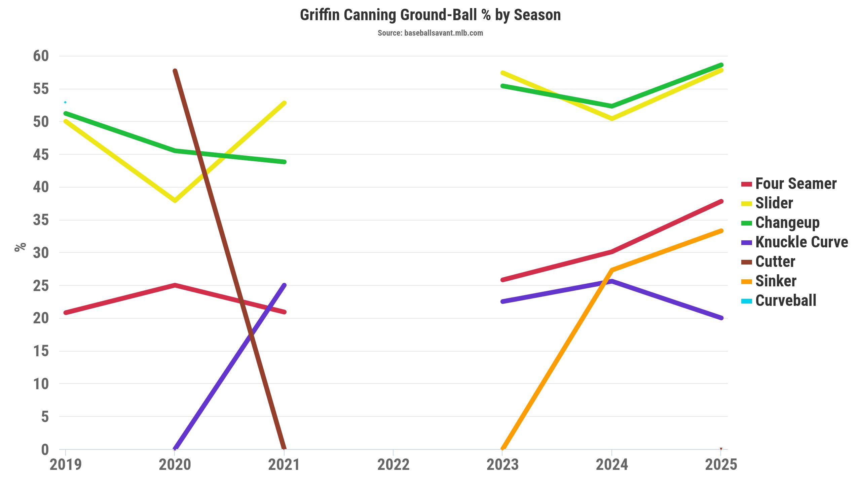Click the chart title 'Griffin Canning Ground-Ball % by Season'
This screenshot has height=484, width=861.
[430, 15]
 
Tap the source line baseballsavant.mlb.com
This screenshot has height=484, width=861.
[430, 33]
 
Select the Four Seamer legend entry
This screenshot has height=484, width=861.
[789, 184]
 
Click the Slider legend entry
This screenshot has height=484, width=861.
[767, 203]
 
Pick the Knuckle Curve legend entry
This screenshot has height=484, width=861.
[794, 242]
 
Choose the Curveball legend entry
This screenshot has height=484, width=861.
[779, 301]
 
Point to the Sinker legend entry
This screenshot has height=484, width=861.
[769, 281]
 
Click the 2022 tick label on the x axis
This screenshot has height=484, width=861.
[393, 465]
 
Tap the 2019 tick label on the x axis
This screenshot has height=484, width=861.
[66, 465]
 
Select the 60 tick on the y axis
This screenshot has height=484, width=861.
[41, 56]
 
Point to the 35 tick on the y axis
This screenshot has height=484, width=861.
[41, 220]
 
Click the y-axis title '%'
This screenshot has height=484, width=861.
[20, 247]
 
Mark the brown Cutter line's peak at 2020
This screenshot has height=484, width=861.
[175, 71]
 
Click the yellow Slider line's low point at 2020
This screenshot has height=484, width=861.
[175, 201]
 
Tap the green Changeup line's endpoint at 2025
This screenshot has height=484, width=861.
[721, 65]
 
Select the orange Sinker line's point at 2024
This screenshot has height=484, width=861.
[612, 270]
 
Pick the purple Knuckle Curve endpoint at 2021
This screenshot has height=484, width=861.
[284, 285]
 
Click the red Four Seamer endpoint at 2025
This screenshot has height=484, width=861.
[721, 202]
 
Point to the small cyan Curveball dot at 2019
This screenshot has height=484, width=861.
[65, 102]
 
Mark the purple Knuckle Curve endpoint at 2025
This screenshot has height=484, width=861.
[721, 318]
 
